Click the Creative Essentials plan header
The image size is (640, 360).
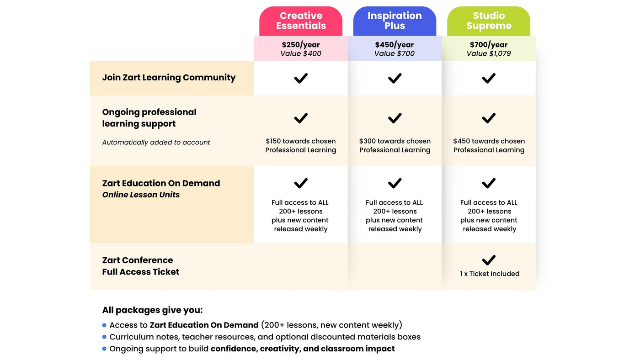(301, 21)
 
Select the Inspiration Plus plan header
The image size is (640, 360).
(395, 21)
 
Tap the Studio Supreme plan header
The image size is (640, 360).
(489, 21)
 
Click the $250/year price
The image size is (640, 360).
(301, 45)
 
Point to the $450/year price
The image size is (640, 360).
(395, 45)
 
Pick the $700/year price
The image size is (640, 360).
(489, 45)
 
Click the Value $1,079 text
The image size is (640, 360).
(489, 54)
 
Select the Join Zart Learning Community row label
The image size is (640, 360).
(169, 78)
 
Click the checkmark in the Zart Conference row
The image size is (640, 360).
(489, 260)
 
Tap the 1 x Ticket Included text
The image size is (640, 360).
(490, 274)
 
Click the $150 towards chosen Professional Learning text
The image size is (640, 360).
(301, 146)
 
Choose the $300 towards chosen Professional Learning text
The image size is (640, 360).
(395, 146)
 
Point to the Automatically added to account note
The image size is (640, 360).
(156, 143)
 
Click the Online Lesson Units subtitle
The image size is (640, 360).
(141, 195)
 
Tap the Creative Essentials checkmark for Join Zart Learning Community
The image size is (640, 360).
(301, 78)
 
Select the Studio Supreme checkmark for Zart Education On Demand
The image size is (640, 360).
(489, 183)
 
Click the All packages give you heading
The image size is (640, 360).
(152, 310)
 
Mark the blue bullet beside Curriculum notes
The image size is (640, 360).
(104, 337)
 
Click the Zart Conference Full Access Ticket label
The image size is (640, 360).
(140, 266)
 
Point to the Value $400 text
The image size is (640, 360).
(301, 54)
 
